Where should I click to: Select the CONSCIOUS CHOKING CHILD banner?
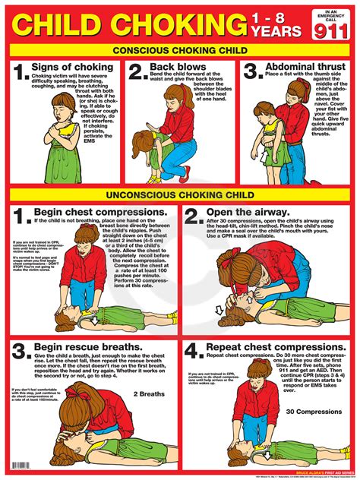tap(179, 51)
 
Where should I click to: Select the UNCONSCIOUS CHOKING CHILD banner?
tap(179, 194)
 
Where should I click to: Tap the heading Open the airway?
tap(255, 212)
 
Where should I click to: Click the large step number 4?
tap(193, 351)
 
